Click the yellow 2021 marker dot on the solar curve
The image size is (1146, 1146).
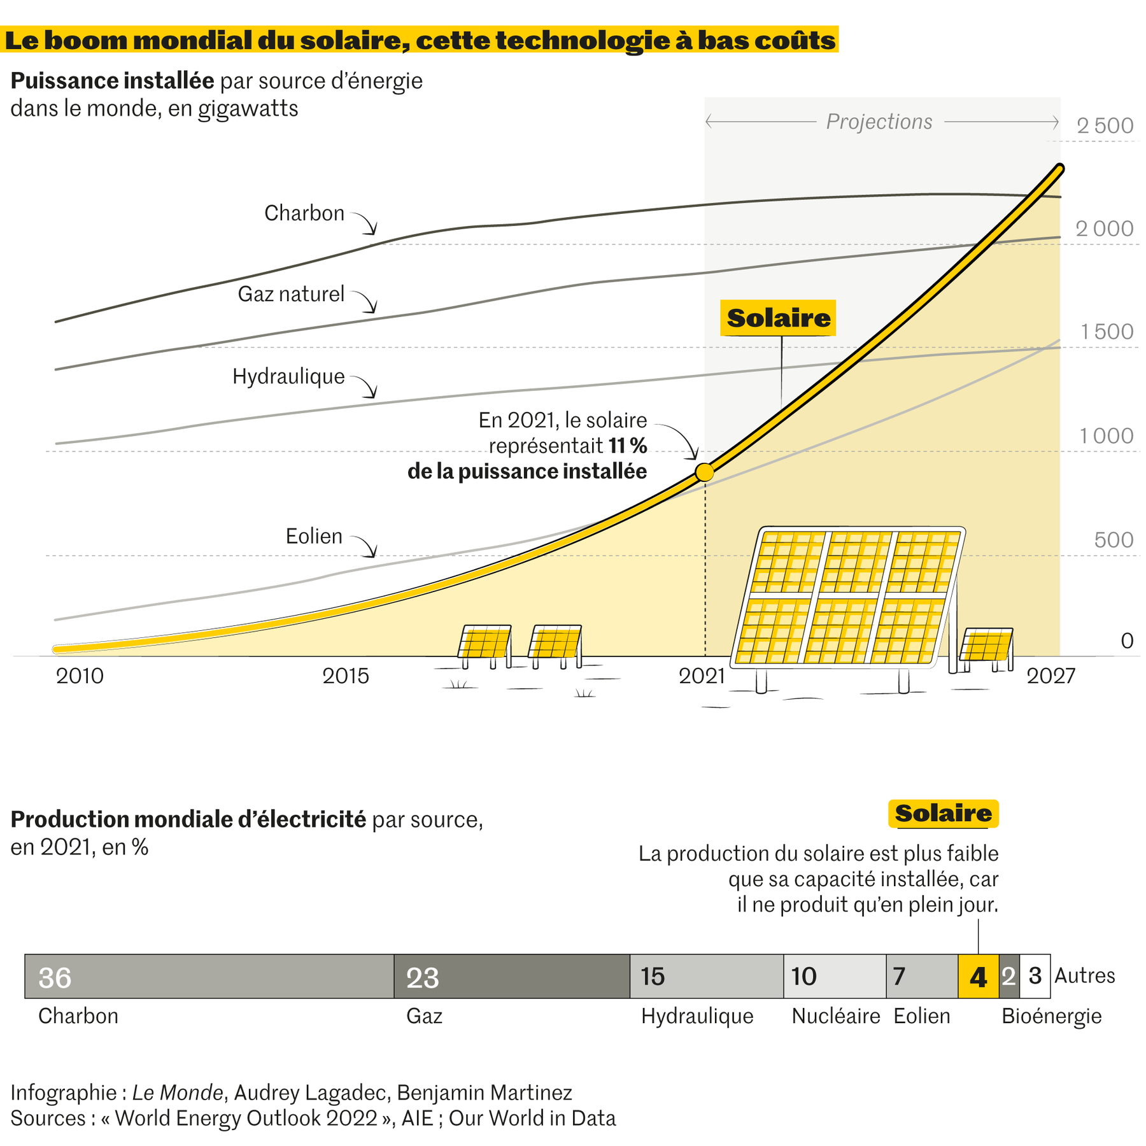tap(704, 472)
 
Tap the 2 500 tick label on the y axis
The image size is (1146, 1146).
tap(1105, 125)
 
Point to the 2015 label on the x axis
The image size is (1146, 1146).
tap(345, 676)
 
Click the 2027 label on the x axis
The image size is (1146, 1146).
tap(1050, 676)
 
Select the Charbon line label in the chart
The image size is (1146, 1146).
tap(304, 213)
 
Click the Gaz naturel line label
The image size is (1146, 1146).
tap(291, 294)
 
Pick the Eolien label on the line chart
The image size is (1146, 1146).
tap(313, 536)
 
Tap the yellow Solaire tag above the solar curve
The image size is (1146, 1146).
tap(778, 318)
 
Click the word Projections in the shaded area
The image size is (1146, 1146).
tap(879, 121)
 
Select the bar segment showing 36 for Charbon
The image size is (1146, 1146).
tap(209, 976)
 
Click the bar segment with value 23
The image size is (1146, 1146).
tap(511, 976)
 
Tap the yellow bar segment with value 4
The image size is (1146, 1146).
tap(978, 976)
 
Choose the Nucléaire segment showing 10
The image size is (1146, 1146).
tap(834, 976)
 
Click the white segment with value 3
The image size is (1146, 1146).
tap(1035, 976)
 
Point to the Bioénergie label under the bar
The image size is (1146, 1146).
tap(1051, 1016)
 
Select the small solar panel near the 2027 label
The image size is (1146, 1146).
tap(986, 645)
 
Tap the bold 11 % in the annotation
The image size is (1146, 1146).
tap(628, 446)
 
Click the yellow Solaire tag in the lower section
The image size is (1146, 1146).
tap(943, 813)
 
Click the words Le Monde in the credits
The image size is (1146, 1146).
tap(177, 1093)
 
